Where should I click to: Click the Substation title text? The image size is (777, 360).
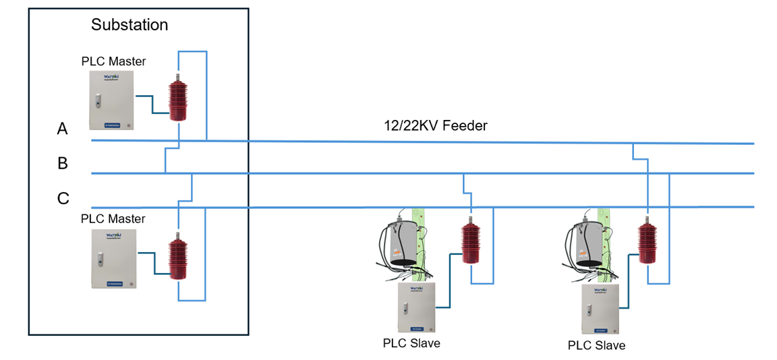(129, 26)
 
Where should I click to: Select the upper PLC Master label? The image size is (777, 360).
(113, 61)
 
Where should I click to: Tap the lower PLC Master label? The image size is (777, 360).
(113, 219)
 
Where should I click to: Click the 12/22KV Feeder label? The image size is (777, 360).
(434, 125)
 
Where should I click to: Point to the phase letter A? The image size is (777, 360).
(63, 129)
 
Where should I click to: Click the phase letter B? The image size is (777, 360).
(63, 163)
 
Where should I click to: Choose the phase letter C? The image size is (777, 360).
(63, 198)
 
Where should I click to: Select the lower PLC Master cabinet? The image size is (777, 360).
(113, 259)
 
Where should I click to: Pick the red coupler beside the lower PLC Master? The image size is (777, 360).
(178, 258)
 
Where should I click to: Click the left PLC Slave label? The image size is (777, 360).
(411, 343)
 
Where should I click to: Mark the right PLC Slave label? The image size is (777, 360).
(596, 345)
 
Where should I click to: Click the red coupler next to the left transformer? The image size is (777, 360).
(471, 241)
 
